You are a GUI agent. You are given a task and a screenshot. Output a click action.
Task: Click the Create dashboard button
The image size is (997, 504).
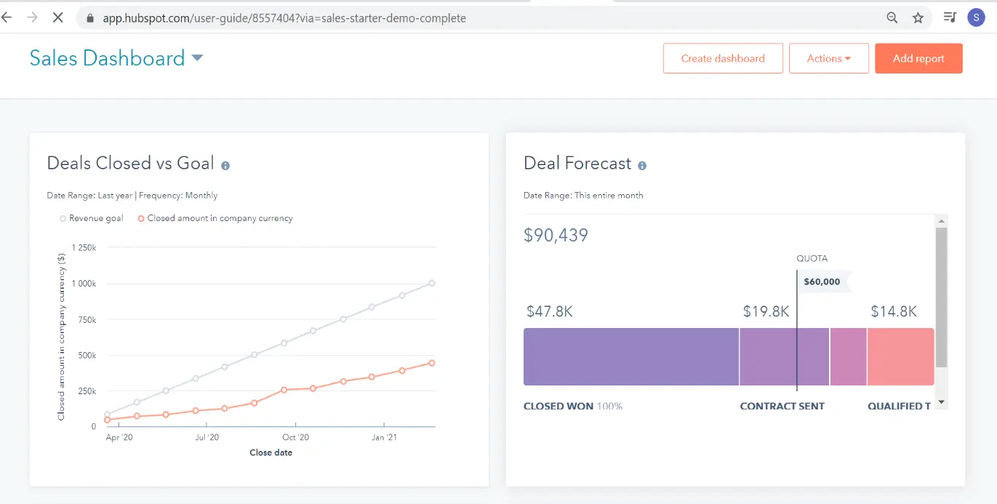[x=723, y=59]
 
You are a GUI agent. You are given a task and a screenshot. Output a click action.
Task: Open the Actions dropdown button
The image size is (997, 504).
[x=828, y=59]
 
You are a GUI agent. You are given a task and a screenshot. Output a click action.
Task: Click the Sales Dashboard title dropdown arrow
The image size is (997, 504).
[x=197, y=58]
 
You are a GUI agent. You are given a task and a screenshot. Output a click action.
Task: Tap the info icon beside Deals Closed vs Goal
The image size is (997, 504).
[x=225, y=166]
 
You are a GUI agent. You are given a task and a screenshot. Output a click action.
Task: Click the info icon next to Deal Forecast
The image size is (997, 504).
[x=642, y=166]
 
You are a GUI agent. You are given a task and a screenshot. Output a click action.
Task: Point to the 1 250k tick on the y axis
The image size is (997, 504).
[x=83, y=248]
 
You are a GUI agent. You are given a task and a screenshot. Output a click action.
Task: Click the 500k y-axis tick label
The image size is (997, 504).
[x=87, y=356]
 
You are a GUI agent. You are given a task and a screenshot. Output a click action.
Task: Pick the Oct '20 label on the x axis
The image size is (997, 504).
[x=296, y=438]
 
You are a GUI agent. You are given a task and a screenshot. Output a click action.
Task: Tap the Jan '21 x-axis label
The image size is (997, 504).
[x=384, y=438]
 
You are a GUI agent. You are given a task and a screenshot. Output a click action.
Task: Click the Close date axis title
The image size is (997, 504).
[x=271, y=452]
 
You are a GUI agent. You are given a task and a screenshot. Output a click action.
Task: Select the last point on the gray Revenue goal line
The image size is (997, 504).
[x=432, y=284]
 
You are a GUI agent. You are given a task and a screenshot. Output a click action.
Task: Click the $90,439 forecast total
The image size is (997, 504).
[x=556, y=236]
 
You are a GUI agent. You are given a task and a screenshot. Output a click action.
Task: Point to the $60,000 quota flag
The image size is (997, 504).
[x=822, y=282]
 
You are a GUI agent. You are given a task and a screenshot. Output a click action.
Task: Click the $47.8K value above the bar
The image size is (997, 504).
[x=550, y=312]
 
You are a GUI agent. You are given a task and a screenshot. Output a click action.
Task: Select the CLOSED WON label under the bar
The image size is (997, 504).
[x=558, y=407]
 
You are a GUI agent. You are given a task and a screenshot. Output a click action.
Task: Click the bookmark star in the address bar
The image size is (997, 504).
[x=918, y=18]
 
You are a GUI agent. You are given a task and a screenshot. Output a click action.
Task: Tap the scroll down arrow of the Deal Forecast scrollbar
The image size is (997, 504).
[x=941, y=402]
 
